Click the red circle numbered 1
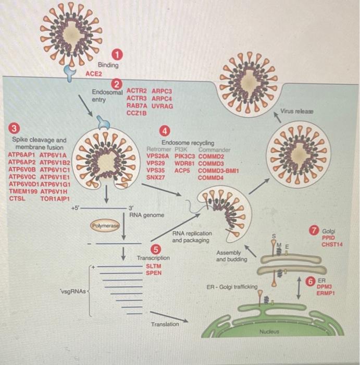119,54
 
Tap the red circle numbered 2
118,83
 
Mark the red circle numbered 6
311,282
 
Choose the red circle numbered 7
314,230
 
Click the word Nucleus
269,332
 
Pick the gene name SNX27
156,177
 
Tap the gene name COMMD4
210,177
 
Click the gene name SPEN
153,273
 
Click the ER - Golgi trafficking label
232,287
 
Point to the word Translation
165,324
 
